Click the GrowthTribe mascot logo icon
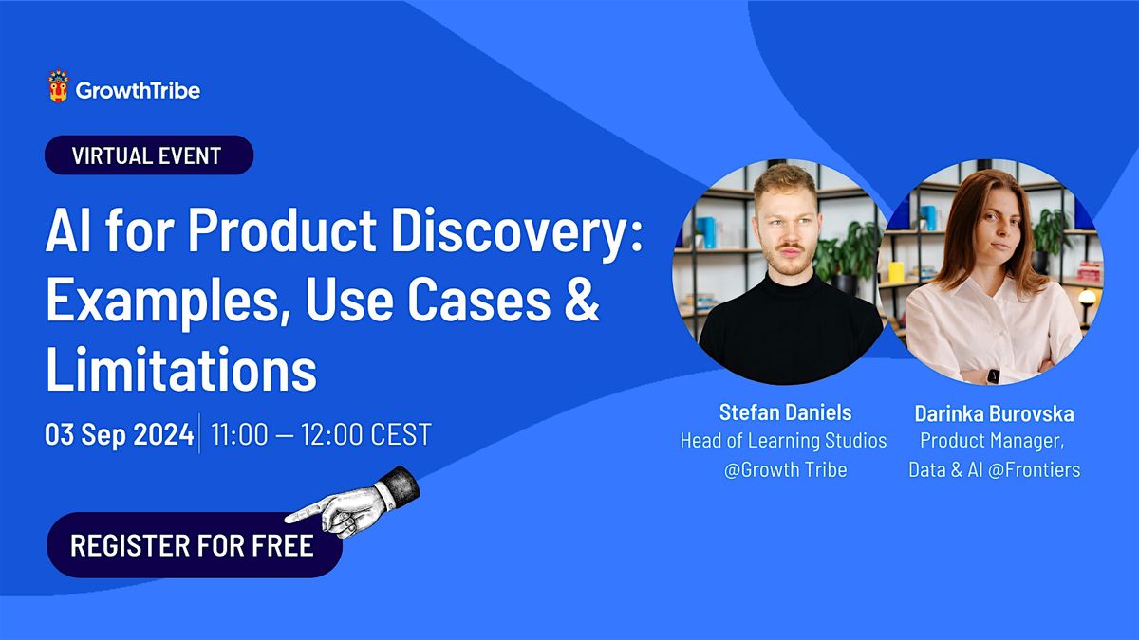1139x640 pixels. [x=59, y=87]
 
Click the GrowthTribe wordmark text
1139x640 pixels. [x=138, y=91]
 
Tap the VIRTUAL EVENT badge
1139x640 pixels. [x=149, y=155]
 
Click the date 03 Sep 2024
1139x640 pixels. [x=118, y=435]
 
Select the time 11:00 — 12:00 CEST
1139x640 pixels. [x=321, y=435]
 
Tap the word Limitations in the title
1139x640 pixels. [x=180, y=372]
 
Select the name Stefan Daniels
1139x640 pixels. [x=785, y=412]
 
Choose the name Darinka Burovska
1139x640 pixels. [x=994, y=413]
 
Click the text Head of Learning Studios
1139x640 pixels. [x=783, y=440]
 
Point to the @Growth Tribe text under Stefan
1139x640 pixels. [x=785, y=468]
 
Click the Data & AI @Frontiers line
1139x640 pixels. [x=994, y=468]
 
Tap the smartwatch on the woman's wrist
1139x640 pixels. [x=993, y=375]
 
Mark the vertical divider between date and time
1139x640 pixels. [x=199, y=434]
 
